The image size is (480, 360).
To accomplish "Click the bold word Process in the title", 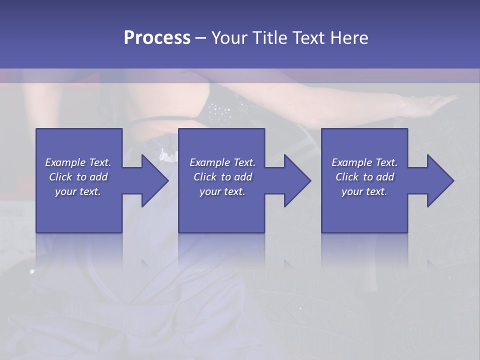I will coord(157,38).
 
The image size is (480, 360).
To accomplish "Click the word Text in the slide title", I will coord(308,38).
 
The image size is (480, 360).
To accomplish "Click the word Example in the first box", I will coord(65,162).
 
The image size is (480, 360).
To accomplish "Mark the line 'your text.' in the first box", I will coord(78,191).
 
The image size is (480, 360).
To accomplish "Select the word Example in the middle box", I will coord(210,162).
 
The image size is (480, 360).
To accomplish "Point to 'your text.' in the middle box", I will coord(222,191).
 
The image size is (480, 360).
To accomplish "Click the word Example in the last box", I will coord(352,162).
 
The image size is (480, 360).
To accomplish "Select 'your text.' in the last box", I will coord(364,191).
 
